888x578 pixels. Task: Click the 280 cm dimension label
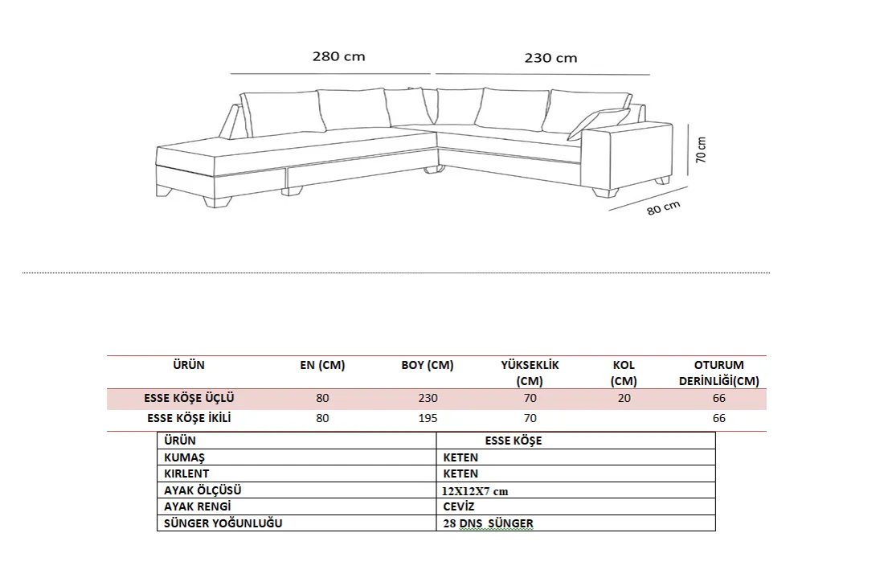pyautogui.click(x=338, y=56)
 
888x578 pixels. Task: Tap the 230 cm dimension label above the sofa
pyautogui.click(x=550, y=58)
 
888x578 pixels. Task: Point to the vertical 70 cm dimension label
pyautogui.click(x=701, y=150)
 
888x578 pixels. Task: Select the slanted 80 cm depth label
pyautogui.click(x=663, y=207)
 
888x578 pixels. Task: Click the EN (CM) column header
pyautogui.click(x=322, y=366)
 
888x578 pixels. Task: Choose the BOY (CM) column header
pyautogui.click(x=428, y=366)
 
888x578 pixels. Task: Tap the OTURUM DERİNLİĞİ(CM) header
pyautogui.click(x=718, y=373)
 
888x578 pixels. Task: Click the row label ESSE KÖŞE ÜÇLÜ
pyautogui.click(x=189, y=398)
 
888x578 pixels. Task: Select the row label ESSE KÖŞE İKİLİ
pyautogui.click(x=189, y=418)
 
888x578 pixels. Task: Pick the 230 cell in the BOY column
pyautogui.click(x=428, y=399)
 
